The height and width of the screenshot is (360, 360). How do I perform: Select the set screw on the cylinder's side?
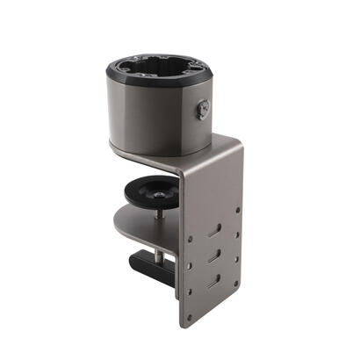pos(204,110)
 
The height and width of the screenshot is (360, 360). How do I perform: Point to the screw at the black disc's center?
pos(162,185)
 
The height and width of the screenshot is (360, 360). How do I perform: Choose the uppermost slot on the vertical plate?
pos(214,231)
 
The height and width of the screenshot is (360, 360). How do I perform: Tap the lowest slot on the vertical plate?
pos(213,283)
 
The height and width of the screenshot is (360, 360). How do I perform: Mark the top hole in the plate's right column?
pos(237,211)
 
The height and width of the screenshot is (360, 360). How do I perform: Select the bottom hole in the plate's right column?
pos(237,284)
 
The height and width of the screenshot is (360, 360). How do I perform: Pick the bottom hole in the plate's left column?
pos(191,292)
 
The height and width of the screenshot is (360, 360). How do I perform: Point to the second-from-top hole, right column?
pos(237,235)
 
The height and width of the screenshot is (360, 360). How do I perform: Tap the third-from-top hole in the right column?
pos(237,260)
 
